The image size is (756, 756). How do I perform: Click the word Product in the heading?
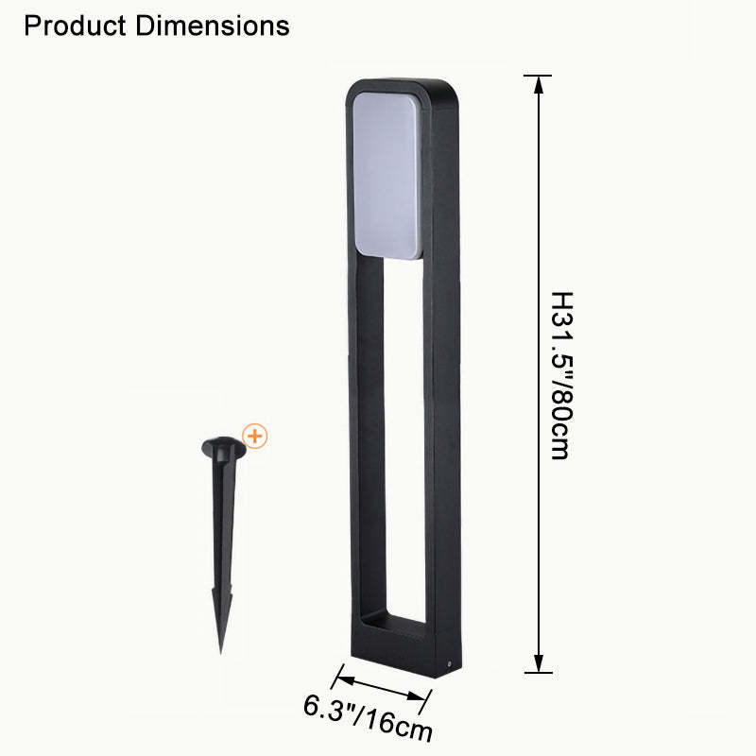[76, 26]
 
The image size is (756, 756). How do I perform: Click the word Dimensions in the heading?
[213, 26]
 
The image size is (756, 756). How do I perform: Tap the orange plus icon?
[254, 437]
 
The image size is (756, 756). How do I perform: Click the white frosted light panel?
[387, 174]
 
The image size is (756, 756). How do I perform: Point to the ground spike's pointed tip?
[221, 653]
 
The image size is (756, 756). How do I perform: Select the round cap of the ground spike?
[224, 447]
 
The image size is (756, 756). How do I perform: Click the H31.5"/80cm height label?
[561, 375]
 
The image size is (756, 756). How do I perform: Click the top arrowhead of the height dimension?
[539, 84]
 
